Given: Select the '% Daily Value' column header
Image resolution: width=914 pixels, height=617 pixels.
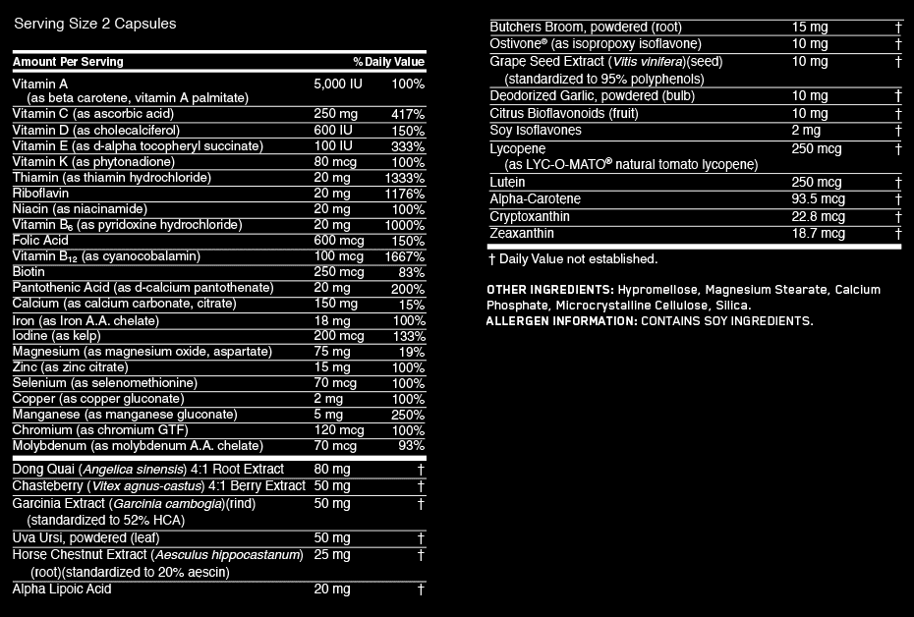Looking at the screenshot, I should click(x=389, y=62).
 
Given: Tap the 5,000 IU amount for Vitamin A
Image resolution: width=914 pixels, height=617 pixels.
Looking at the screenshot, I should click(x=338, y=84).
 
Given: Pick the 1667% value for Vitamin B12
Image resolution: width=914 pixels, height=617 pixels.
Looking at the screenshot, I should click(x=405, y=256).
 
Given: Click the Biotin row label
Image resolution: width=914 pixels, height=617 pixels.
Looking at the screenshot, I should click(x=29, y=272).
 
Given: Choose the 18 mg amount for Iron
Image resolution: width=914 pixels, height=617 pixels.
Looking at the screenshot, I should click(x=332, y=320).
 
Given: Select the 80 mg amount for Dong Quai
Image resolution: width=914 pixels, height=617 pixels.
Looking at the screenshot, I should click(x=332, y=470).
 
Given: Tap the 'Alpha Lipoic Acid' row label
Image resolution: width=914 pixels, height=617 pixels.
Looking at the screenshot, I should click(x=62, y=589).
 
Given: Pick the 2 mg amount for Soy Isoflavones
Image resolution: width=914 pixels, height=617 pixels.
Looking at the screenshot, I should click(x=806, y=131).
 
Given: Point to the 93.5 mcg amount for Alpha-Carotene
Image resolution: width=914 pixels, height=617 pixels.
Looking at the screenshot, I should click(x=818, y=199).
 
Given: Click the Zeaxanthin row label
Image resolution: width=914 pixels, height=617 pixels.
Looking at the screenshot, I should click(x=522, y=234).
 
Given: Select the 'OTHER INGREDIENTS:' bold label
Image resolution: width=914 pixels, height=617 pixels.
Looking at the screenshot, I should click(x=550, y=290).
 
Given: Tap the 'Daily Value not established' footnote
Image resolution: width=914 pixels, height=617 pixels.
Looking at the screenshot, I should click(x=573, y=259).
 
